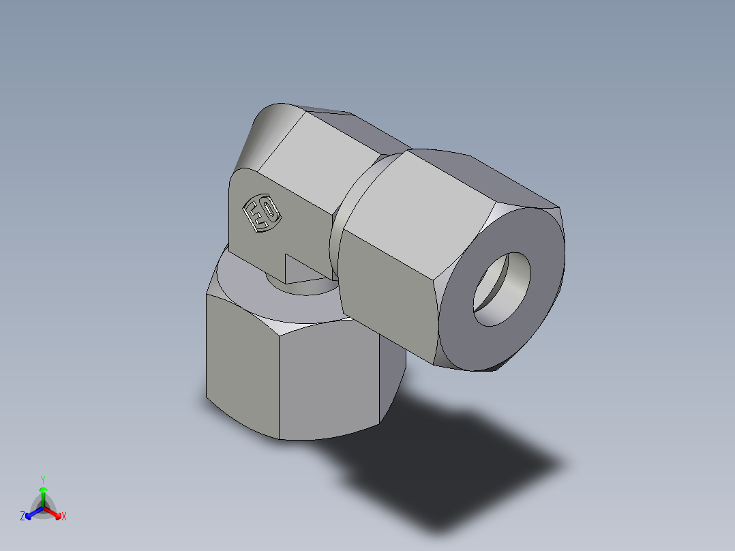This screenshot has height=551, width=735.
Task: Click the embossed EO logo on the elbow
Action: click(x=262, y=213)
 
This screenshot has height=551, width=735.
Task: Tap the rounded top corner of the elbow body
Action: click(x=269, y=130)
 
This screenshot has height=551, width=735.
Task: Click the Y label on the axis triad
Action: click(x=43, y=479)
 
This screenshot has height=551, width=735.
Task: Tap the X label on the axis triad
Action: click(x=64, y=517)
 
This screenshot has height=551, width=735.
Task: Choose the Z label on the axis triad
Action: click(x=22, y=517)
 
